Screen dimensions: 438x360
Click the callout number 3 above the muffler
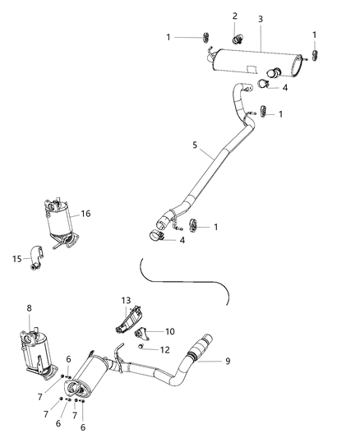[261, 19]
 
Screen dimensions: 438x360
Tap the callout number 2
[234, 16]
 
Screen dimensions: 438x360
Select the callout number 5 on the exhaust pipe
[195, 145]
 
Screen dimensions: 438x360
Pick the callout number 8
[30, 308]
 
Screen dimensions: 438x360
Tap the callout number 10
[169, 331]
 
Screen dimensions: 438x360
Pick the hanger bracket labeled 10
[149, 333]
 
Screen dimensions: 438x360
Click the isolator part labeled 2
[237, 36]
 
